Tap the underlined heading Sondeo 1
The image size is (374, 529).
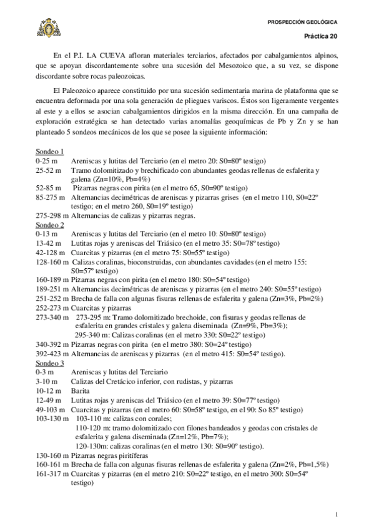(49, 152)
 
